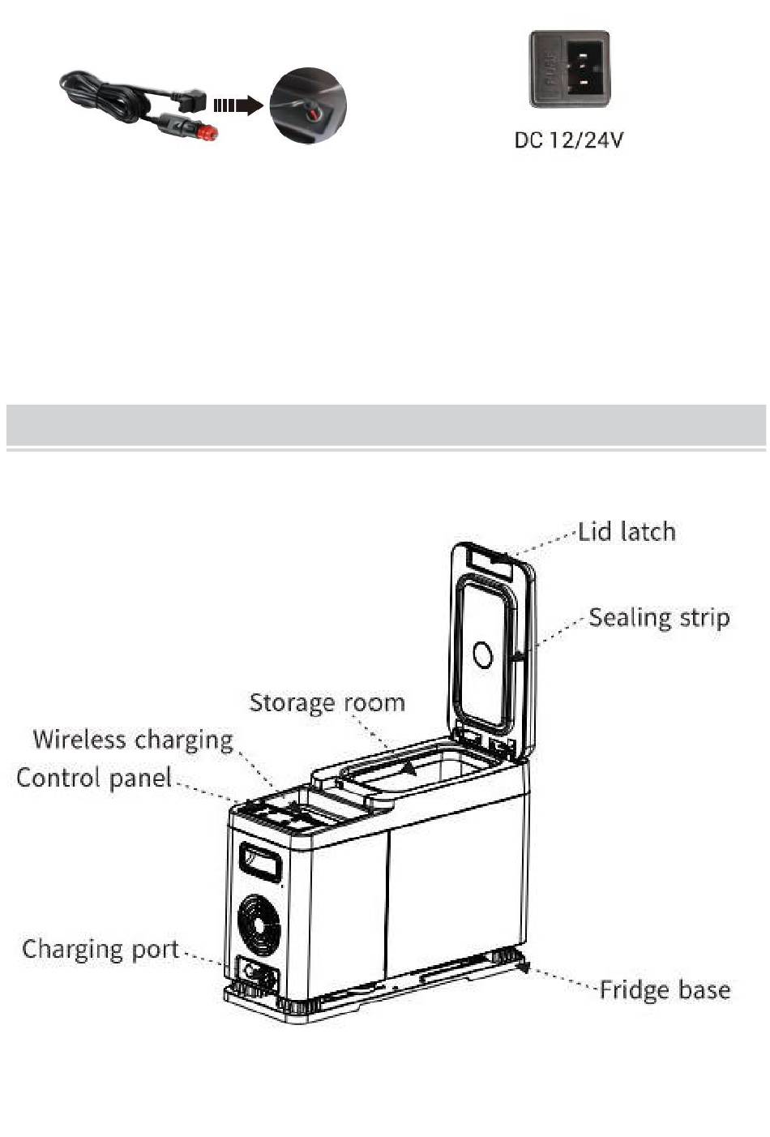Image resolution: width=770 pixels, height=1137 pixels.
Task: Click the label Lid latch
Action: (627, 532)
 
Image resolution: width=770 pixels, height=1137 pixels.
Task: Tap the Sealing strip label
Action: (658, 618)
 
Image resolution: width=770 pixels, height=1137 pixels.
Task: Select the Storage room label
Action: (327, 702)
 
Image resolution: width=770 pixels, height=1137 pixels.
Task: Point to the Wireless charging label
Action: (133, 740)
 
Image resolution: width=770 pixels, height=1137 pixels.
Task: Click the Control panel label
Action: (94, 779)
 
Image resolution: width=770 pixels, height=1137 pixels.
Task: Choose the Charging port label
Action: (101, 949)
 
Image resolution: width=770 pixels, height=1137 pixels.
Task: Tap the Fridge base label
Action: (665, 990)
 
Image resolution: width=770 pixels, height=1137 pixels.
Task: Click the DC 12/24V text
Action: (569, 140)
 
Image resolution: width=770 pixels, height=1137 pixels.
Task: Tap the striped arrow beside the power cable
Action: (237, 105)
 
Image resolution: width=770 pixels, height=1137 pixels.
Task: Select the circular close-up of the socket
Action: (308, 105)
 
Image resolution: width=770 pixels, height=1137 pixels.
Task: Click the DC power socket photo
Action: (569, 69)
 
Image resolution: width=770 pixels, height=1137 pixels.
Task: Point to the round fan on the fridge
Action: (259, 926)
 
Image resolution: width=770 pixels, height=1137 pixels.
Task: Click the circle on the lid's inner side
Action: (482, 654)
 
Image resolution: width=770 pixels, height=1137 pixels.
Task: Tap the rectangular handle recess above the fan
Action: (259, 862)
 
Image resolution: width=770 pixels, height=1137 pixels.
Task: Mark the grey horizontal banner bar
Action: (385, 423)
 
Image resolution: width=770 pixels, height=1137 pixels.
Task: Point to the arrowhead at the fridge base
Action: (521, 965)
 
